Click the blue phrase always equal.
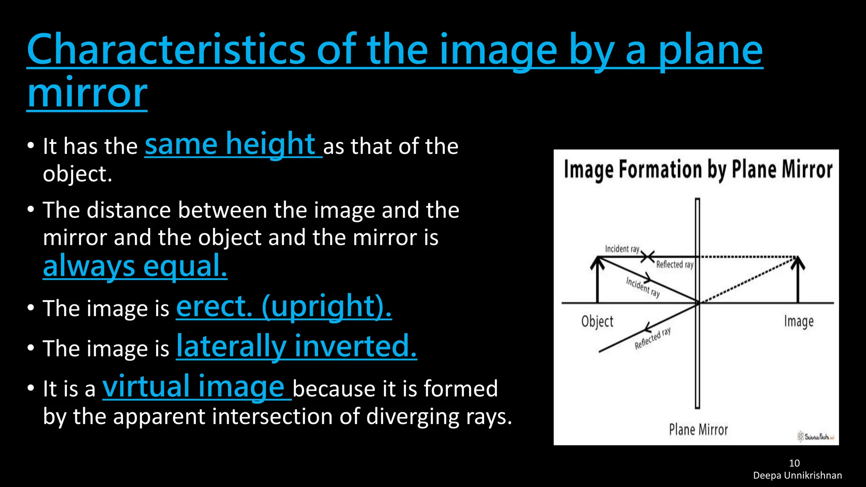135,266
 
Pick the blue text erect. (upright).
283,306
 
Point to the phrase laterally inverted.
296,346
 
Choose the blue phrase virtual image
194,386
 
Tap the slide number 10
794,463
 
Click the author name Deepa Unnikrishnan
797,476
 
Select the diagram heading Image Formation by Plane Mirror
698,170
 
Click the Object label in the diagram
597,322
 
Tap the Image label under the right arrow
798,322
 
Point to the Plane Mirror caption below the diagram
698,430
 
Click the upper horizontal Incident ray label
622,249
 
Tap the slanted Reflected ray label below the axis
652,338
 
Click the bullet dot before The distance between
30,210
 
